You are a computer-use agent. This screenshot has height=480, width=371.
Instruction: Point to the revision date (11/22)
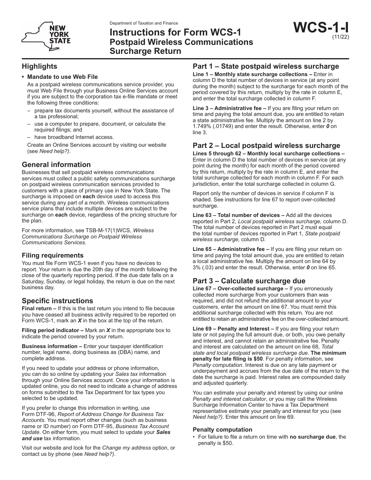point(341,38)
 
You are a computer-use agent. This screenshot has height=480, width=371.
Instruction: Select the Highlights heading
point(39,66)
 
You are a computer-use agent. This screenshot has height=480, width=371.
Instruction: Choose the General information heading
point(56,165)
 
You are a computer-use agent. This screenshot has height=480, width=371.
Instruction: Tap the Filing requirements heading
point(53,256)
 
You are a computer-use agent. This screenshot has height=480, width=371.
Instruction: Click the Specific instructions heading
point(57,301)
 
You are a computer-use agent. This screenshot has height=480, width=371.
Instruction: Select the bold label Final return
point(38,308)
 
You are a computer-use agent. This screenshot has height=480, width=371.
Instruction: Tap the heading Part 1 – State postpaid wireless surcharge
point(266,66)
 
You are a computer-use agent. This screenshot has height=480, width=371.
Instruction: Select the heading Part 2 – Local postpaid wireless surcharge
point(266,146)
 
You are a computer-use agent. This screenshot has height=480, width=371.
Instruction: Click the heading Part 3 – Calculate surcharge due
point(249,281)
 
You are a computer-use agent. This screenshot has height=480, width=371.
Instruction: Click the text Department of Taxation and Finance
point(144,23)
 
